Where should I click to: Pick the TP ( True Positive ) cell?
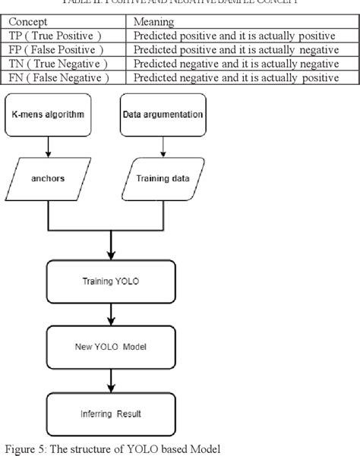pos(53,36)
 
